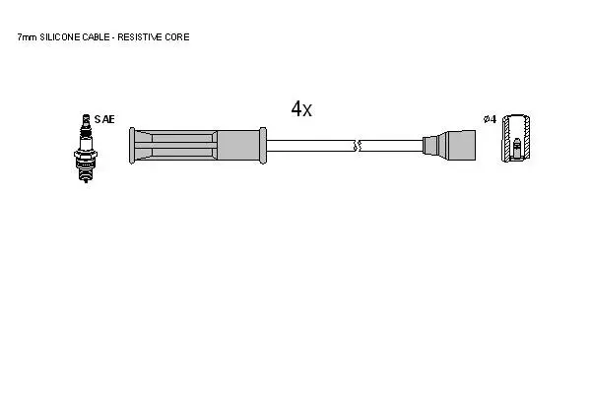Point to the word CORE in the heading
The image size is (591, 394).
[x=176, y=37]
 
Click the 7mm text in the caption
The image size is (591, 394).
[x=27, y=37]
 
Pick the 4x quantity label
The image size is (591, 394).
[x=301, y=109]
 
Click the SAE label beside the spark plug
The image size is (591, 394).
[x=104, y=119]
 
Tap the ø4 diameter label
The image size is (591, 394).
[x=490, y=119]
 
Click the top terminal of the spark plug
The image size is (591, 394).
[x=86, y=119]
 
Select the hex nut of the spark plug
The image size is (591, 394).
[x=86, y=155]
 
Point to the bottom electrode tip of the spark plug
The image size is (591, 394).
[x=86, y=180]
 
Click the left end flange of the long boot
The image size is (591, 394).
[x=132, y=146]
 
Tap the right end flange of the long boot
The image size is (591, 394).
[x=263, y=146]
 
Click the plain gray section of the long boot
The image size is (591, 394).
[x=238, y=146]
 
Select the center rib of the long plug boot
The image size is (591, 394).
[x=175, y=146]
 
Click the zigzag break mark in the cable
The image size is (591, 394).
[x=357, y=146]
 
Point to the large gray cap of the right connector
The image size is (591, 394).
[x=460, y=146]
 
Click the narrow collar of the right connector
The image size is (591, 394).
[x=429, y=146]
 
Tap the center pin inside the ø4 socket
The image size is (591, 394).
[x=517, y=148]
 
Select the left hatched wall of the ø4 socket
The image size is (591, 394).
[x=506, y=138]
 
